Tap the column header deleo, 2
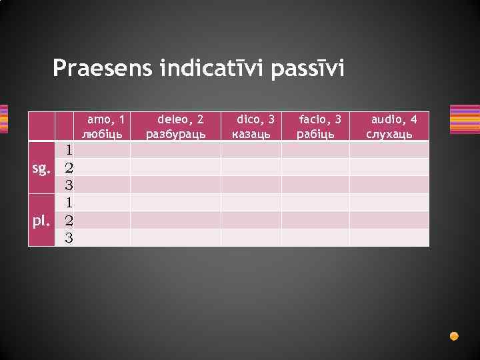[x=179, y=119]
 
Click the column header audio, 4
[x=394, y=119]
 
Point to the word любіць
[x=102, y=133]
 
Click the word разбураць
[x=176, y=133]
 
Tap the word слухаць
[x=390, y=133]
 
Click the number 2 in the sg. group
[x=68, y=167]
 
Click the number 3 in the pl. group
[x=68, y=237]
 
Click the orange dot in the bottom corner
[x=454, y=335]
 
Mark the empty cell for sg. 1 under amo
[x=102, y=149]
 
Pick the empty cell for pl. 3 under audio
[x=389, y=237]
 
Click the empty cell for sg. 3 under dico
[x=251, y=185]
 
